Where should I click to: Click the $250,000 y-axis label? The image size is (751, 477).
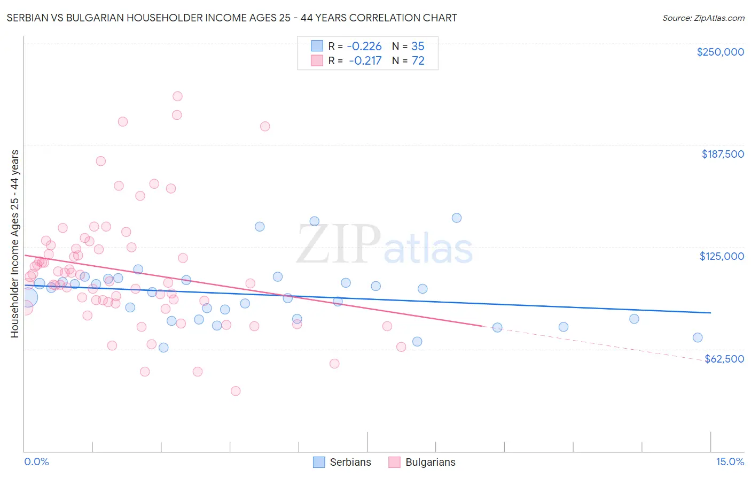[720, 52]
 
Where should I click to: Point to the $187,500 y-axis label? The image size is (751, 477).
[722, 154]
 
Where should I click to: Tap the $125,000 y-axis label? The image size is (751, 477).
[722, 256]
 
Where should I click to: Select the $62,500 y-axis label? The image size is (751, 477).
[724, 359]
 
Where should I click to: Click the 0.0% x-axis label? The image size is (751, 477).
[36, 461]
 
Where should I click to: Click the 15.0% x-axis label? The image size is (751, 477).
[730, 461]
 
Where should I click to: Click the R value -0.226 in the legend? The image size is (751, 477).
[364, 46]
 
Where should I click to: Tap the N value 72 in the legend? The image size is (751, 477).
[418, 61]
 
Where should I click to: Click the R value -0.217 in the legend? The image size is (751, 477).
[365, 61]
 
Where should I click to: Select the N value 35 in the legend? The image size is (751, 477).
[418, 46]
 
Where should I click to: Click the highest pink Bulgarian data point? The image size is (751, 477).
[177, 96]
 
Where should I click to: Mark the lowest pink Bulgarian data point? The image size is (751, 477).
[236, 391]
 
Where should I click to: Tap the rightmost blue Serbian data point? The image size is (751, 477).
[698, 337]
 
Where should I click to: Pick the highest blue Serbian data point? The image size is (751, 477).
[457, 218]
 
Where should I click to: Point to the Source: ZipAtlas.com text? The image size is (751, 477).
[703, 18]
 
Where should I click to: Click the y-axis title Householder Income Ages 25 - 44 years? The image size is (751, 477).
[15, 244]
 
